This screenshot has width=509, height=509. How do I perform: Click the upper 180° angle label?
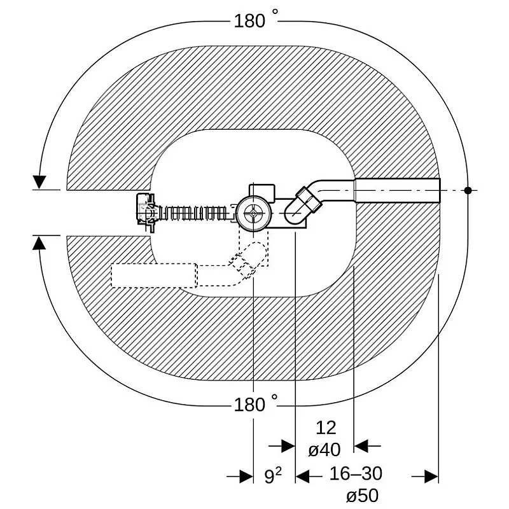256,20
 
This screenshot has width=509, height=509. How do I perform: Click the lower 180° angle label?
256,403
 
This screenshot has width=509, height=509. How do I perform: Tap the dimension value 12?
326,428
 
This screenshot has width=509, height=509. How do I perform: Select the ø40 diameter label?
324,450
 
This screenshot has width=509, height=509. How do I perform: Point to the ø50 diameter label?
362,496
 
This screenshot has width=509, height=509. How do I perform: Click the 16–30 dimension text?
356,473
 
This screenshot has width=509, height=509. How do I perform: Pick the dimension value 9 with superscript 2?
273,475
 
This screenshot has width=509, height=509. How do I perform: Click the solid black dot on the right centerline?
468,190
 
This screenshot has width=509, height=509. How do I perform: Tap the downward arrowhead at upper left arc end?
39,182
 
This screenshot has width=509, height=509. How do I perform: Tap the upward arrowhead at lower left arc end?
39,243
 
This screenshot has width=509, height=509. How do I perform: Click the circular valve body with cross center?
253,213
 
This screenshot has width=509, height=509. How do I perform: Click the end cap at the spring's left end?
146,213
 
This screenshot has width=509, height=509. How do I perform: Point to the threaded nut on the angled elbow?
309,200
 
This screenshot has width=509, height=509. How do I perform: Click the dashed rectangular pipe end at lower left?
154,275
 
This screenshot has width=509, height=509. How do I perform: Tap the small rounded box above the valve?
262,193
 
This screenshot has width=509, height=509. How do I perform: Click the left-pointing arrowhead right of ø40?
361,446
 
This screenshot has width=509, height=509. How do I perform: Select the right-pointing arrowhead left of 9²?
246,477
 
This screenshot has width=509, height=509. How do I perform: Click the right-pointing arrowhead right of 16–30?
431,477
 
